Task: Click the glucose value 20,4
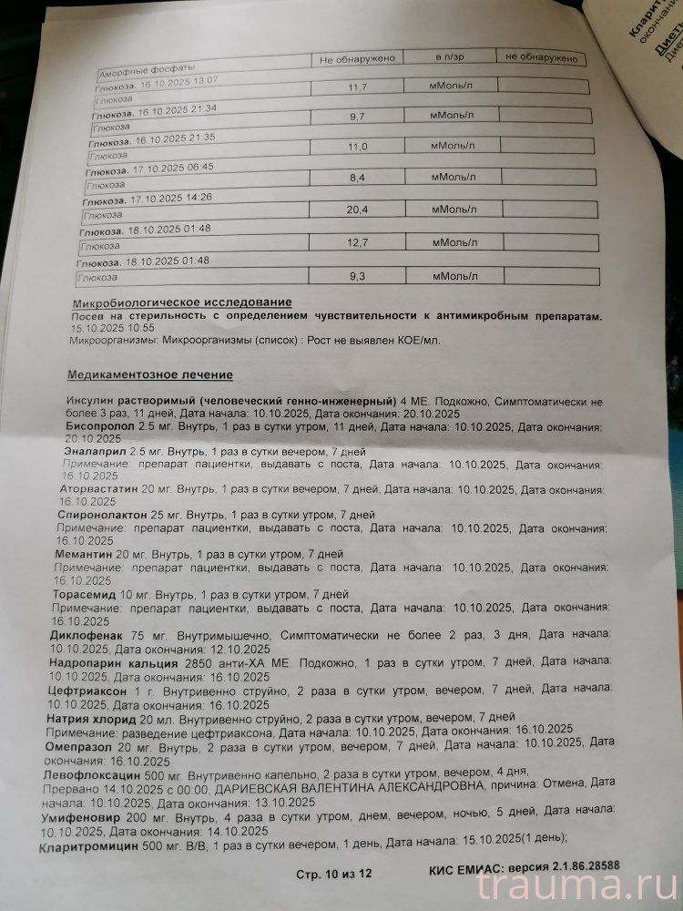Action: pos(356,210)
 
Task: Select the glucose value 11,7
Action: pos(356,87)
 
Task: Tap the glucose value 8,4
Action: pos(356,179)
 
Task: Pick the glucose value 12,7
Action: pos(356,242)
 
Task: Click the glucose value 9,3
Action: pos(356,274)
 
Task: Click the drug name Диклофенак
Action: pos(87,632)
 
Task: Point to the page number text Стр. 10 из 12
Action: pos(334,874)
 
